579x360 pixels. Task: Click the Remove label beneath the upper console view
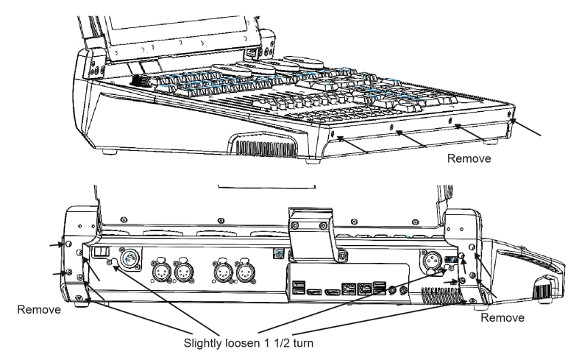point(466,157)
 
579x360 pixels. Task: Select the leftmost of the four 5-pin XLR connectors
point(161,272)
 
